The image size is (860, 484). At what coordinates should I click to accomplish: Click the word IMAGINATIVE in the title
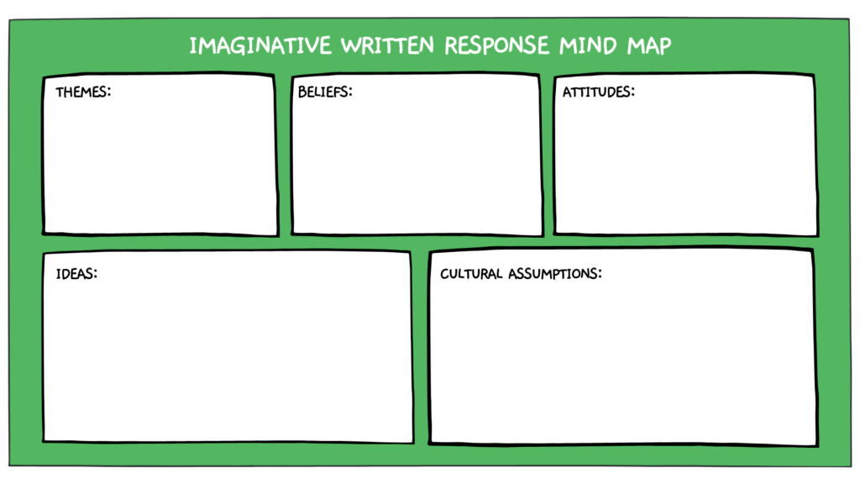point(260,45)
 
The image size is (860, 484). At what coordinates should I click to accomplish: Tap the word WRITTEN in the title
point(388,45)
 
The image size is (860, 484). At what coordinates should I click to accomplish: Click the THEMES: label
point(83,92)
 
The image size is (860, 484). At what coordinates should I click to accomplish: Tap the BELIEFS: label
point(325,92)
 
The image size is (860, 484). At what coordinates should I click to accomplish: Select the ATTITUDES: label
point(598,92)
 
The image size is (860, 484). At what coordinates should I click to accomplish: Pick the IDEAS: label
point(76,273)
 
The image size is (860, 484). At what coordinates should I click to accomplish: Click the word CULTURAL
point(471,273)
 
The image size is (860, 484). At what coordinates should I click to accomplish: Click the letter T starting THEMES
point(60,92)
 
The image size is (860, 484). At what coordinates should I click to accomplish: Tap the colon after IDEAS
point(96,274)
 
